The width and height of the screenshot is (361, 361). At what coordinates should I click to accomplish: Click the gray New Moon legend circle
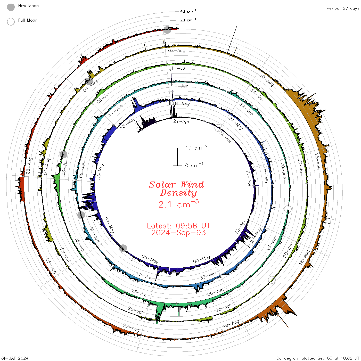tap(11, 7)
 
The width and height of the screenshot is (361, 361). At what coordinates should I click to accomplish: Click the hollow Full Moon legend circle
tap(11, 22)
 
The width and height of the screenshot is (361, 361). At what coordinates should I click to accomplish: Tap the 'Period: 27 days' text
tap(343, 9)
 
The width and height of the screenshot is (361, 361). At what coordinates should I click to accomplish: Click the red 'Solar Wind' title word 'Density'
tap(178, 193)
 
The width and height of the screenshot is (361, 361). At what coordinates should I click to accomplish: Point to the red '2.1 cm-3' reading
tap(178, 204)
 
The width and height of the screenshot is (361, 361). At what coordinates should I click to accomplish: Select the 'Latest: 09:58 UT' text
tap(178, 226)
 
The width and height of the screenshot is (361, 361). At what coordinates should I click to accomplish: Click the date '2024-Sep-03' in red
tap(178, 233)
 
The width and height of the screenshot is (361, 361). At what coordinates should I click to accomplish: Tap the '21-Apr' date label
tap(181, 121)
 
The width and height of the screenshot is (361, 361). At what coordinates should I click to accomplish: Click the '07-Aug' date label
tap(176, 51)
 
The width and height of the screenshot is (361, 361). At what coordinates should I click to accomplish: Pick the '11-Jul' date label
tap(179, 68)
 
